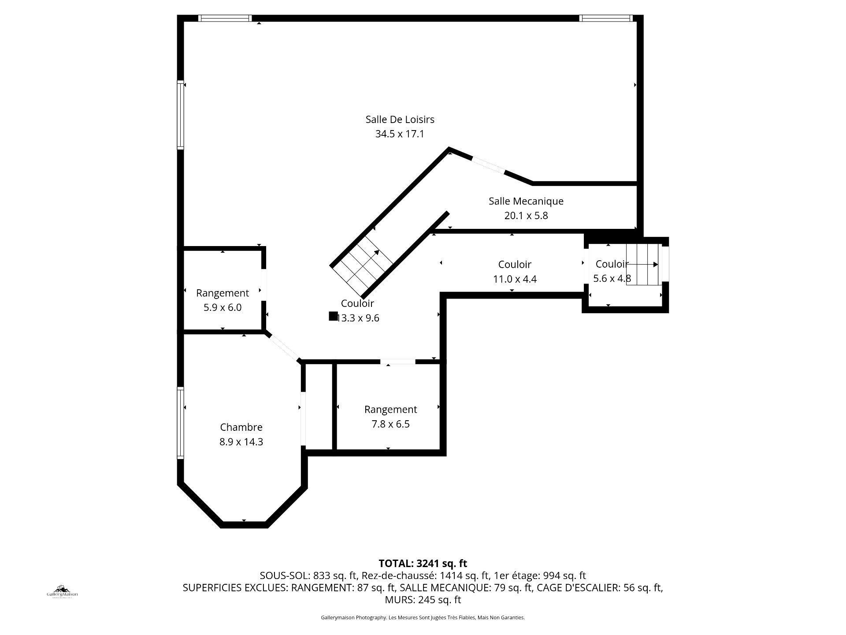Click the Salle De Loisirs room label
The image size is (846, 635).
400,120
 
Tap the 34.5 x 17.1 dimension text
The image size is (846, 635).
400,134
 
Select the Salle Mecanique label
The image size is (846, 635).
526,201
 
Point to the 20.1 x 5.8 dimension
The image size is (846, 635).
526,216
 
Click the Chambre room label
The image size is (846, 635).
241,427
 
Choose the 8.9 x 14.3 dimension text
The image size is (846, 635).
241,442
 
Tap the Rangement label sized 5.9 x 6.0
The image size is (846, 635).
223,293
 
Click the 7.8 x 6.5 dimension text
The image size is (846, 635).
390,424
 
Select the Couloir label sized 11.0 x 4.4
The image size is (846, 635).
515,265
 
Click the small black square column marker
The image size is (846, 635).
333,316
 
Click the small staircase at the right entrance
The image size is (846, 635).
643,265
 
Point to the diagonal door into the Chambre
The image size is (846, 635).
284,348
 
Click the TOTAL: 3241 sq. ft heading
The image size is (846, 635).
423,563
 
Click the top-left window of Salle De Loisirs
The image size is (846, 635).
225,18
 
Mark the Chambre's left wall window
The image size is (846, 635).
180,422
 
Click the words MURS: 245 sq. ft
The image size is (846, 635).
423,600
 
